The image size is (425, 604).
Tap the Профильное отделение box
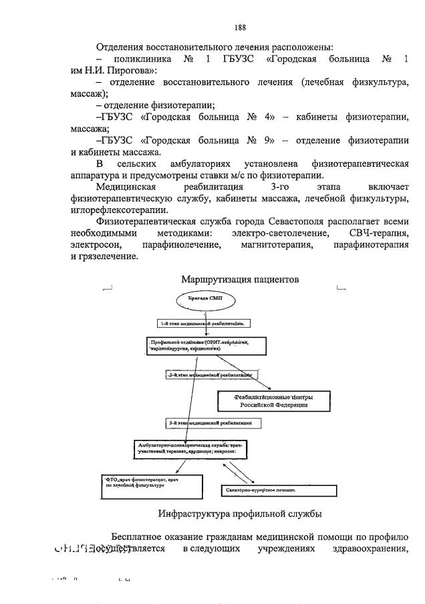click(x=203, y=345)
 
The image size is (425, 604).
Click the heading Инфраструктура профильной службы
click(x=240, y=514)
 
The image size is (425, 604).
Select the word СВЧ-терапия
click(x=377, y=233)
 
